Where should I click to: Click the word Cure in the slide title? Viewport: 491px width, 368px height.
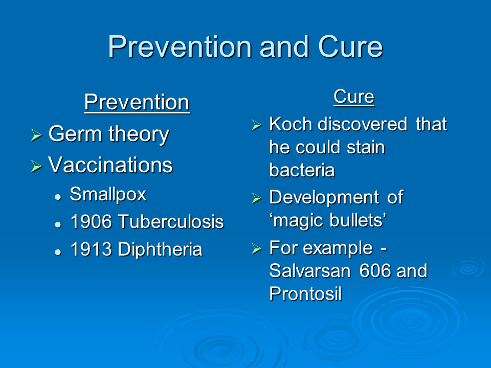(x=350, y=47)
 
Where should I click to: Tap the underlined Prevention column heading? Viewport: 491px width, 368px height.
(x=137, y=102)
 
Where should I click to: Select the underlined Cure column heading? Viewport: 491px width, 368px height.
(x=354, y=97)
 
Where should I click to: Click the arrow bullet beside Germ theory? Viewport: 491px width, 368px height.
(x=36, y=135)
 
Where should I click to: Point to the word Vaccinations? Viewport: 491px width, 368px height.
(x=110, y=165)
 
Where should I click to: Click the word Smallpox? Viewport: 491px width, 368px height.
(x=108, y=195)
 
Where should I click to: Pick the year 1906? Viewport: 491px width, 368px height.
(x=91, y=222)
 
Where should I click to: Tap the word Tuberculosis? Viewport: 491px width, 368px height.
(x=171, y=222)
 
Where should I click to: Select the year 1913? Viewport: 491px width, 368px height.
(x=91, y=249)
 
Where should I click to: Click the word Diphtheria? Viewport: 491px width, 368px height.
(x=160, y=249)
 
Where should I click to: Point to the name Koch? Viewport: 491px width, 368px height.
(x=291, y=124)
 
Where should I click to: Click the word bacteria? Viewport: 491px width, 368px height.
(x=302, y=170)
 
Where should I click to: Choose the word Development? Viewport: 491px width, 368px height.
(x=324, y=198)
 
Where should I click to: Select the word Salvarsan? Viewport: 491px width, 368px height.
(x=310, y=270)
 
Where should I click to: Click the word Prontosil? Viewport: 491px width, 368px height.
(x=305, y=294)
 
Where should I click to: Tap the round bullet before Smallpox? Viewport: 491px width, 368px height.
(x=58, y=197)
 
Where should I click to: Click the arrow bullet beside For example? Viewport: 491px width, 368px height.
(x=256, y=248)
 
